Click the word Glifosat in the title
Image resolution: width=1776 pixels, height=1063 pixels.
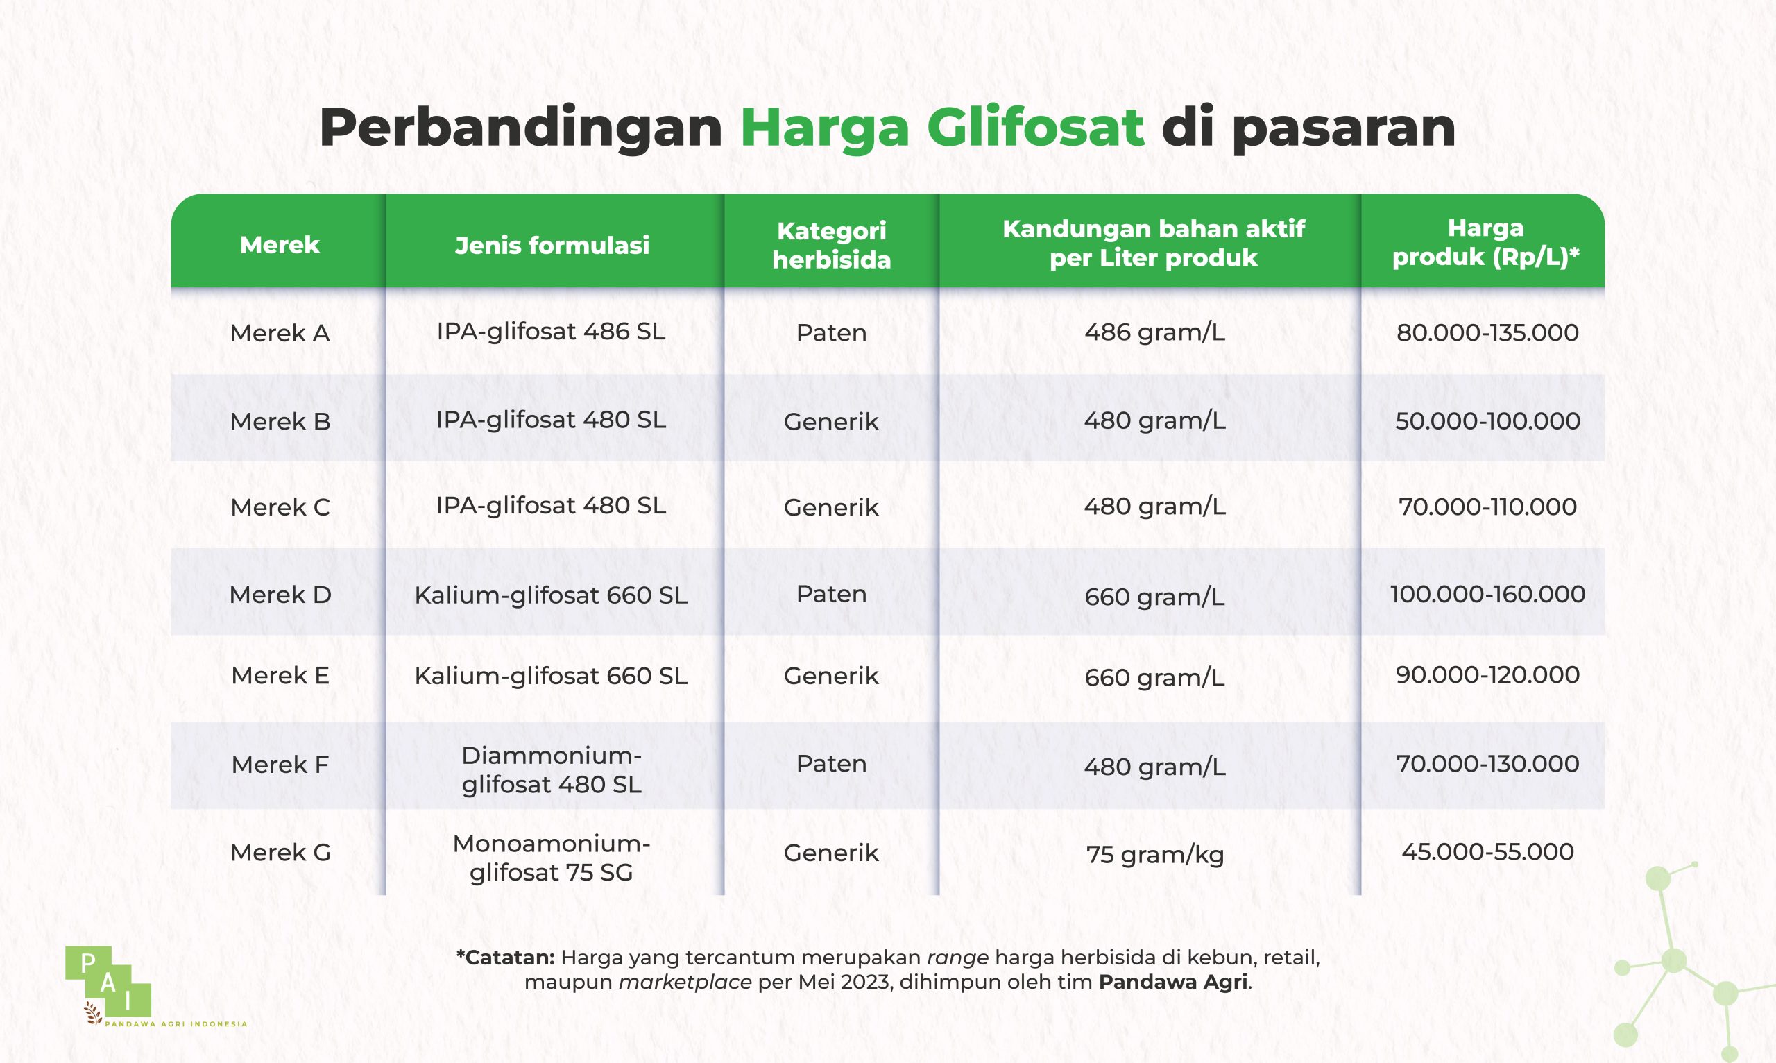1035,128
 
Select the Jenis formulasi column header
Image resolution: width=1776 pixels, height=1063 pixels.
552,245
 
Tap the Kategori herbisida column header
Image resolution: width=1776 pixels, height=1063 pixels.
831,245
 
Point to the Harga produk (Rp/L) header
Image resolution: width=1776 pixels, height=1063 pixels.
1486,242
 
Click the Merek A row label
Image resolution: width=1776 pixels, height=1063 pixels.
280,333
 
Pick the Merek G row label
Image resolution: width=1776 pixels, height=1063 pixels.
280,852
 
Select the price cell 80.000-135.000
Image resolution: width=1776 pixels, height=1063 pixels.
1487,332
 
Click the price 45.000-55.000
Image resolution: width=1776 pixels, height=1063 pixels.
1487,851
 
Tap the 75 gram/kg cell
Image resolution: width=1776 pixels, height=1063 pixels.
1155,855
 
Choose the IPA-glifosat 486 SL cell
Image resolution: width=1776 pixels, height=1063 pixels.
552,332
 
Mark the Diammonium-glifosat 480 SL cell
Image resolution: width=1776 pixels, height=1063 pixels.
552,770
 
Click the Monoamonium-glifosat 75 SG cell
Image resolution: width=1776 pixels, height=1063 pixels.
552,858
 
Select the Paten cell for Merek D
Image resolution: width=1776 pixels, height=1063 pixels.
831,594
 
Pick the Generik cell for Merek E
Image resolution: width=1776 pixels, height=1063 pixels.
831,676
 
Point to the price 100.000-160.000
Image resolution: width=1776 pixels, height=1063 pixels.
1487,594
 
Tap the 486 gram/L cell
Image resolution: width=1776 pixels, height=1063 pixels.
1155,332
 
